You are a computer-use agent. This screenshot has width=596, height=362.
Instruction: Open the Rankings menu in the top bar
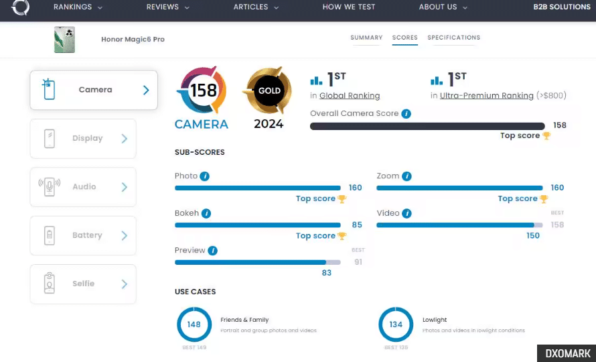click(x=78, y=7)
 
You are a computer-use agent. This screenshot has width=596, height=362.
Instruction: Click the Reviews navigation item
click(x=167, y=7)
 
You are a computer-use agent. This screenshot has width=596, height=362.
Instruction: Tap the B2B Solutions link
click(x=562, y=7)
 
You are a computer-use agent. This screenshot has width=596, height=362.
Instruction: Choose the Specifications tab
click(x=453, y=38)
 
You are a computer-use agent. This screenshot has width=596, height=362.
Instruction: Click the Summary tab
click(x=366, y=38)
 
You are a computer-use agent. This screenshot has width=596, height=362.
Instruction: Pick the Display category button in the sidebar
click(x=83, y=139)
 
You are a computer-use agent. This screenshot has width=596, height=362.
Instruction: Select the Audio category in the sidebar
click(x=83, y=187)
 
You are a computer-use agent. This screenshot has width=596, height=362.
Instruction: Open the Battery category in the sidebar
click(x=83, y=235)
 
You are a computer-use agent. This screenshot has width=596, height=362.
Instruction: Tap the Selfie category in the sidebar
click(x=83, y=284)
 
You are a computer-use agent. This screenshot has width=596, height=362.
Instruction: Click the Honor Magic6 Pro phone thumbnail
click(x=64, y=40)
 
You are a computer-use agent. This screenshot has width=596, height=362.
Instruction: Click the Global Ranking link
click(x=350, y=96)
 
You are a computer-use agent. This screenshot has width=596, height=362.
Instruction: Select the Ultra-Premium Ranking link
click(x=487, y=96)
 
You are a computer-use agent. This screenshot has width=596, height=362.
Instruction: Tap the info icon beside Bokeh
click(x=206, y=214)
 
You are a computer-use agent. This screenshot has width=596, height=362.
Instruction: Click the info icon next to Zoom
click(x=406, y=176)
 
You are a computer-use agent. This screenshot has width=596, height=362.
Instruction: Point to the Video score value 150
click(x=532, y=236)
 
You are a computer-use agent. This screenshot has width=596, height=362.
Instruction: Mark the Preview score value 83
click(x=327, y=273)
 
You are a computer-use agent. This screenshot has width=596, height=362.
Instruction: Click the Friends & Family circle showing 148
click(x=194, y=324)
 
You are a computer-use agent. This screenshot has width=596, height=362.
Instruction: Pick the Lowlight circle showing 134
click(x=396, y=324)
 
